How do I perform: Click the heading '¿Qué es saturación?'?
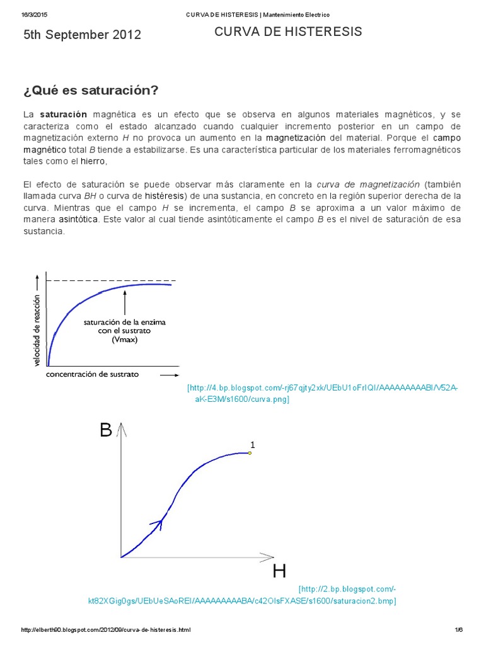(90, 90)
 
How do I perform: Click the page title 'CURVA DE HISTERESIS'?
(289, 32)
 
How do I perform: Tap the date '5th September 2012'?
(82, 35)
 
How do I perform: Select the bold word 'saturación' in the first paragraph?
(63, 115)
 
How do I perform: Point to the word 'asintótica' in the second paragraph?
(79, 220)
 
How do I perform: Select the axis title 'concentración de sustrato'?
(93, 374)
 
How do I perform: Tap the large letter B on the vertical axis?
(106, 430)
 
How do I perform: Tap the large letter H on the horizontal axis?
(279, 571)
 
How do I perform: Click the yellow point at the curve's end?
(250, 453)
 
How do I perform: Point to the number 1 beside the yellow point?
(252, 445)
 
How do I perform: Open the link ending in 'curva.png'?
(323, 394)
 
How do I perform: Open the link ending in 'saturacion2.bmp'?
(242, 595)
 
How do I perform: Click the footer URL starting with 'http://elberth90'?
(106, 630)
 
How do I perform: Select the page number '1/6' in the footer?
(458, 630)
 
